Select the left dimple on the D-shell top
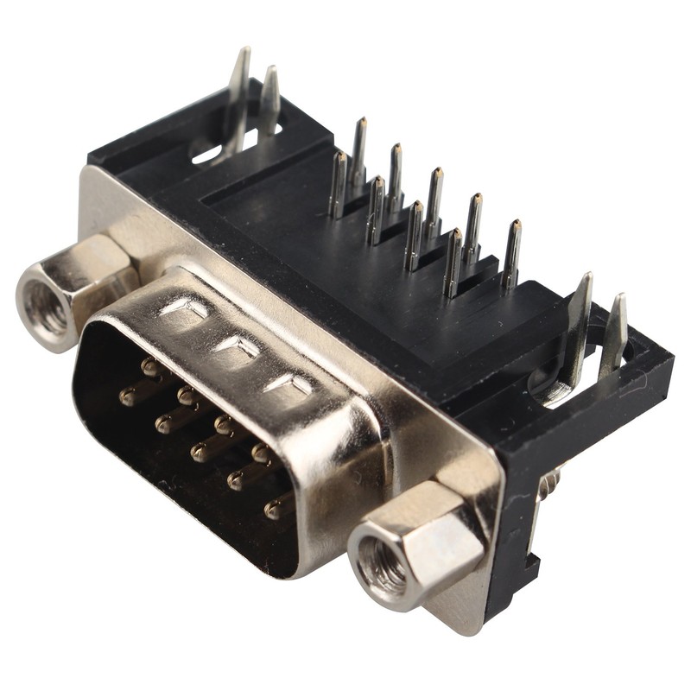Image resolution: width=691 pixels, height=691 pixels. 187,307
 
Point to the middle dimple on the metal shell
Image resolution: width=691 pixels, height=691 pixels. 238,347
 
